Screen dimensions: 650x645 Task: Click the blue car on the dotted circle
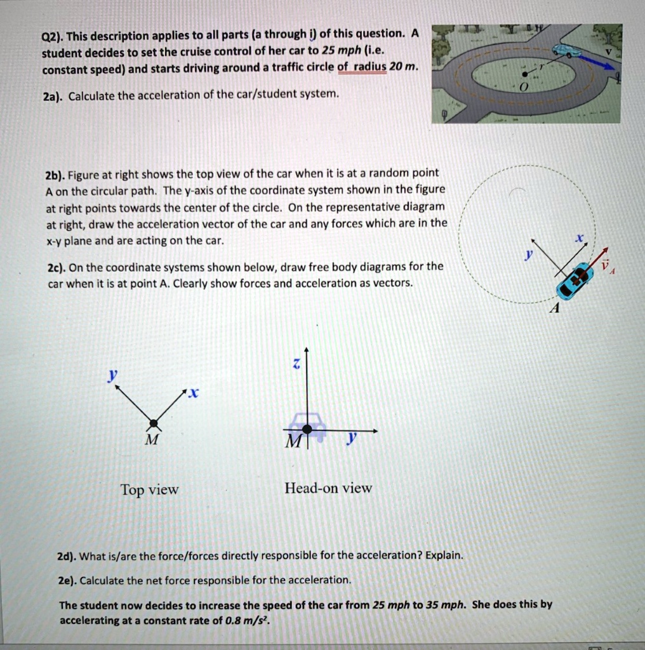click(x=572, y=281)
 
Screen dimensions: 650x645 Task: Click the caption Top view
click(x=150, y=490)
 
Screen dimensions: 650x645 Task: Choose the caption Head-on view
click(x=328, y=488)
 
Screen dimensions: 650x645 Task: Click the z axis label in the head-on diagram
click(x=294, y=363)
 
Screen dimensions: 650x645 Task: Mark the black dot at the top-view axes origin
click(x=153, y=422)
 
